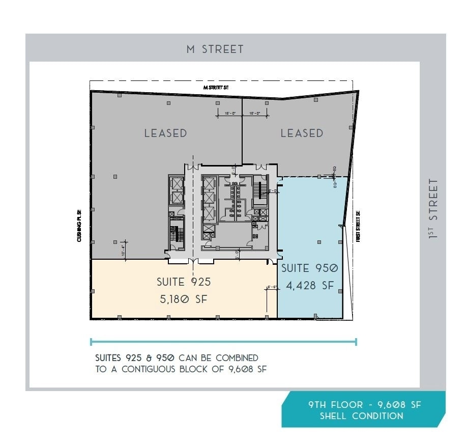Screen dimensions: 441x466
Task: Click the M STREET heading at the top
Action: (x=215, y=49)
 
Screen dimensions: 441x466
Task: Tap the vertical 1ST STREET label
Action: (x=433, y=208)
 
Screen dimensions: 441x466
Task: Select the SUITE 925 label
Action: (x=183, y=282)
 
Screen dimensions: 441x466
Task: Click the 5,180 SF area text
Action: (x=184, y=299)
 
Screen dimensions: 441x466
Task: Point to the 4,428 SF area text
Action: (x=310, y=286)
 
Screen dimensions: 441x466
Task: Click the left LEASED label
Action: (x=165, y=133)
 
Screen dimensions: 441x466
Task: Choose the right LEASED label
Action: (x=302, y=133)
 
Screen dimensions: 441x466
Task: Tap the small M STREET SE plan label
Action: (x=216, y=88)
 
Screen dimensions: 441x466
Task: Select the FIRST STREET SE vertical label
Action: (x=358, y=226)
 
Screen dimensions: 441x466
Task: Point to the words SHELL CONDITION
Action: (x=361, y=416)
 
